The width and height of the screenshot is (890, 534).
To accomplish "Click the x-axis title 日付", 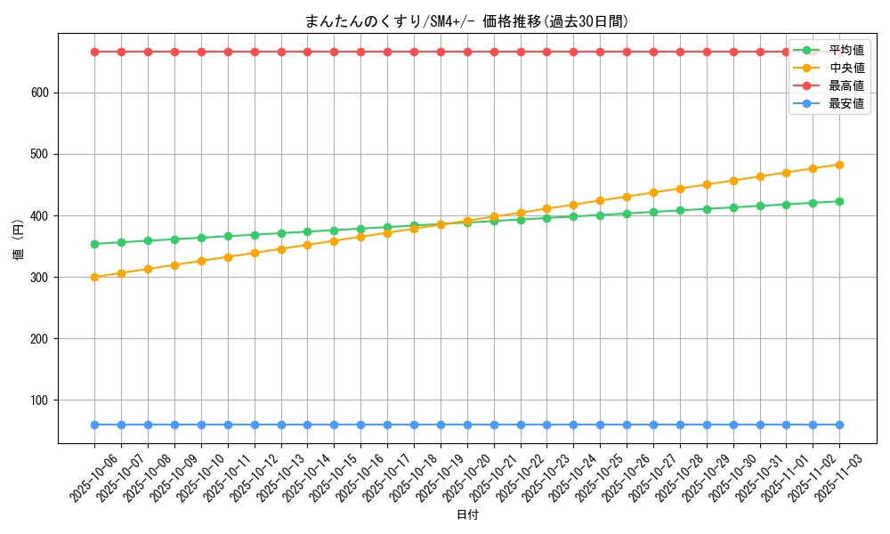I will coord(467,515).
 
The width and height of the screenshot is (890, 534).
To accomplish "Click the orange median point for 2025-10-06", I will coord(94,277).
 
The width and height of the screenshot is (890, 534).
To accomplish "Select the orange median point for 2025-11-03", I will coord(839,165).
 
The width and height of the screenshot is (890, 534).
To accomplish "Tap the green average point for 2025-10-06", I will coord(94,244).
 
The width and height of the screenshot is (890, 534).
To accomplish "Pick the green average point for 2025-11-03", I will coord(839,201).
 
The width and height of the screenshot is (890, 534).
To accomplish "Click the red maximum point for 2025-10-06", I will coord(94,52).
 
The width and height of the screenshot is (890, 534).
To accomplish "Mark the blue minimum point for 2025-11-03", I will coord(839,425).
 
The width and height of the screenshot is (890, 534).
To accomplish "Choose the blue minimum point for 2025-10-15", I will coord(334,425).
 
